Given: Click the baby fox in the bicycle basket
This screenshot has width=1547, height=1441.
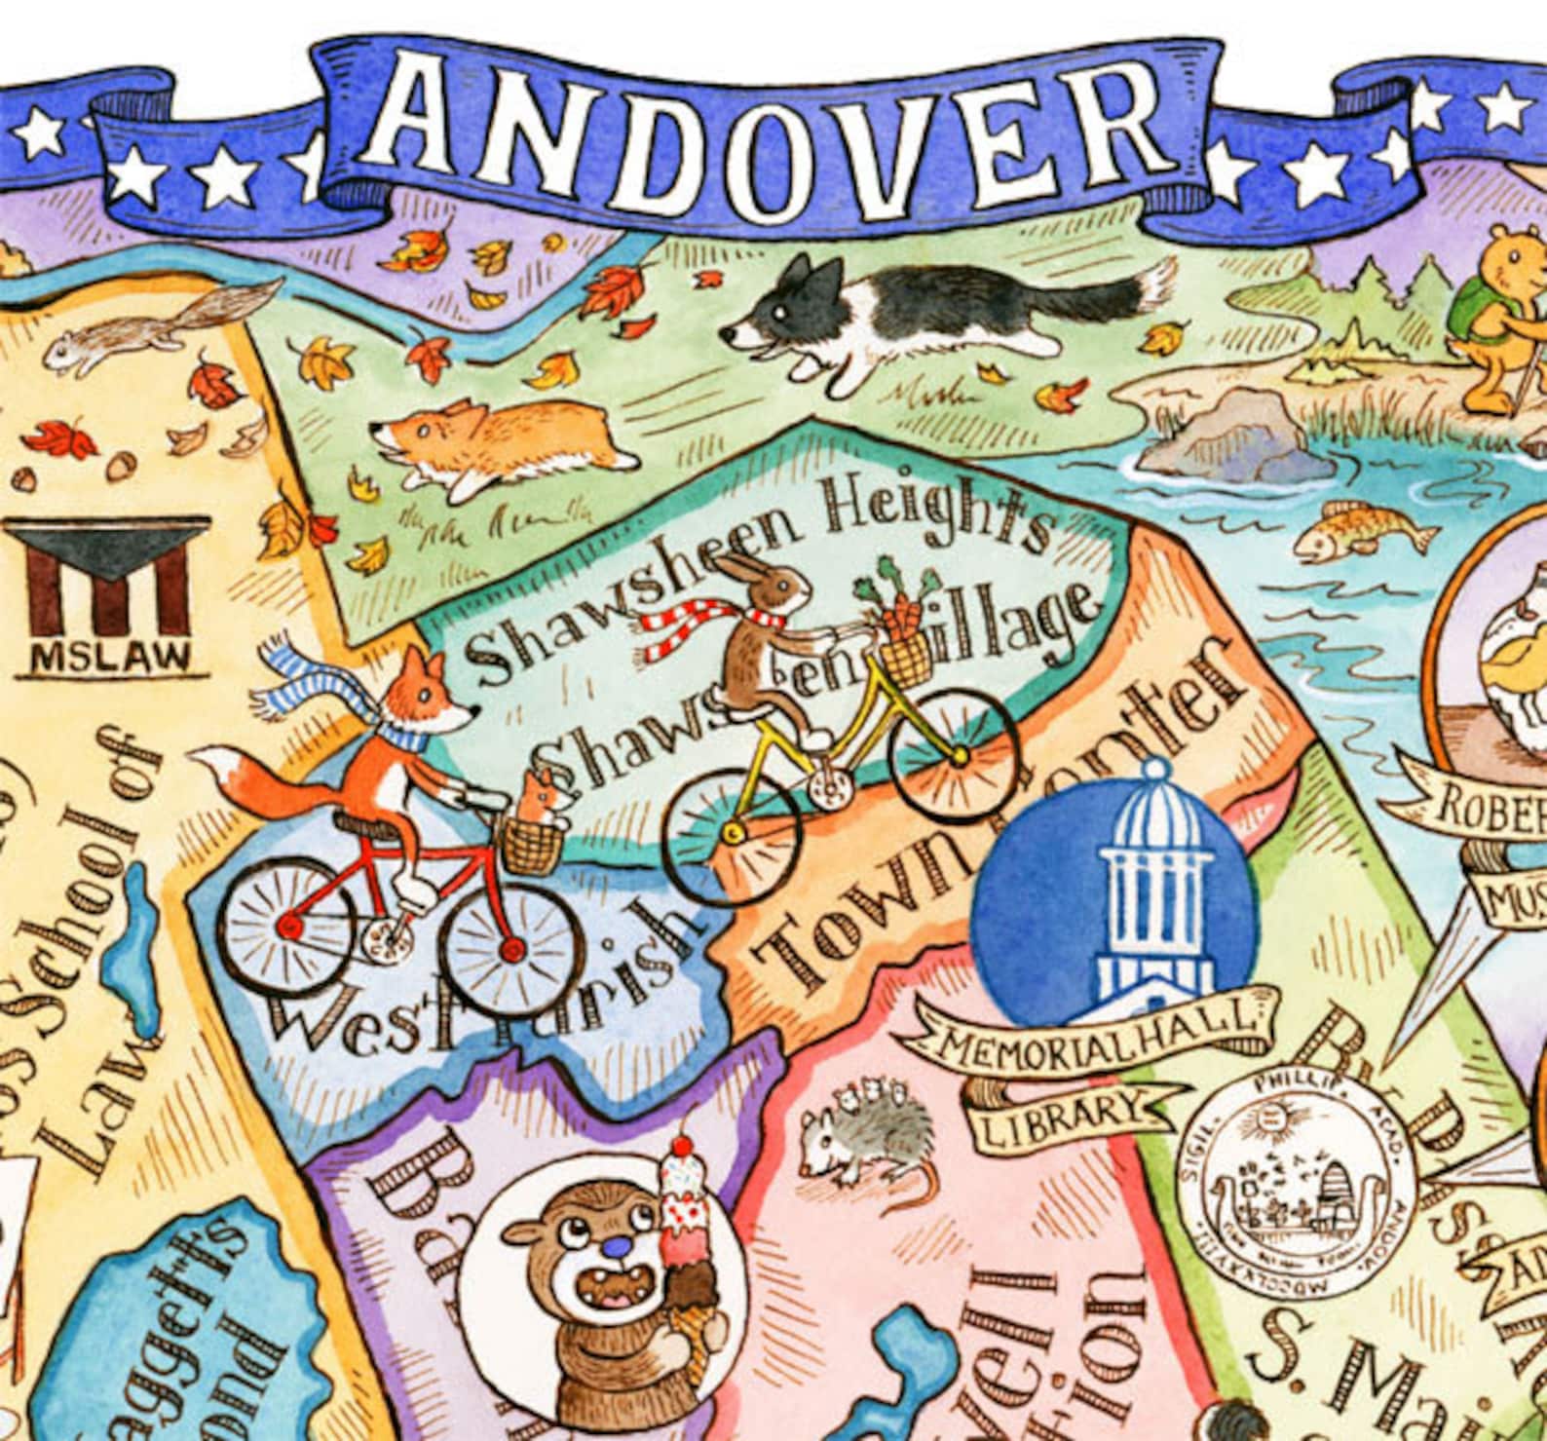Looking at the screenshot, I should (541, 794).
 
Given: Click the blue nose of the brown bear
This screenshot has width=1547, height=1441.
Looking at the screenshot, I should (611, 1242).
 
